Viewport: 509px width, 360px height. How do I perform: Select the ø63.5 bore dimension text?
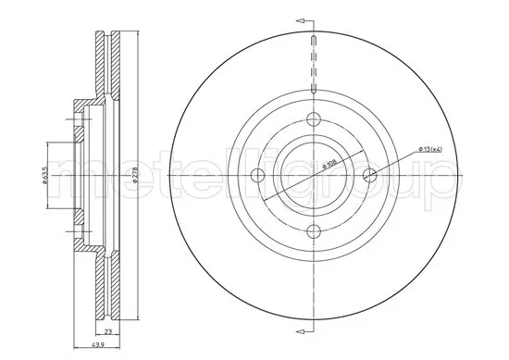(44, 175)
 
